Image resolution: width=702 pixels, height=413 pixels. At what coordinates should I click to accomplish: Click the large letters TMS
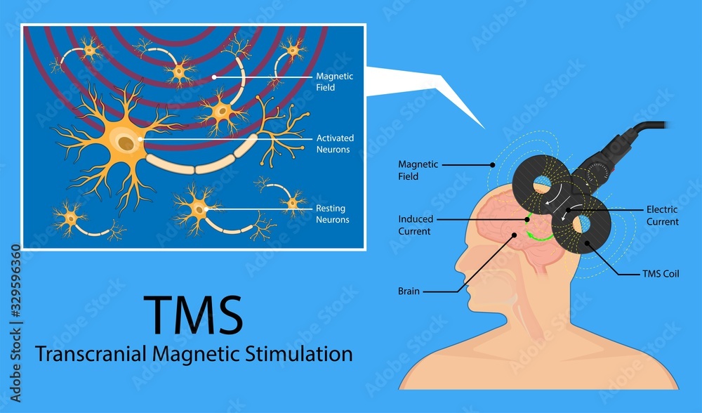point(193,315)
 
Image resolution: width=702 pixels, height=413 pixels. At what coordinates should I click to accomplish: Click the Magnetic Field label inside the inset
point(335,81)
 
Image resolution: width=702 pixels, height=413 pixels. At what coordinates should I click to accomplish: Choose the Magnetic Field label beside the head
point(418,170)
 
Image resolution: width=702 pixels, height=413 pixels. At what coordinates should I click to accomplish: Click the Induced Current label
point(416,225)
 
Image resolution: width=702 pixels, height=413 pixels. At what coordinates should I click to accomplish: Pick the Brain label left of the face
point(409,290)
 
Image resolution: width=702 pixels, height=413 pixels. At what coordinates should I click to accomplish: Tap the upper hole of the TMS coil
point(543,184)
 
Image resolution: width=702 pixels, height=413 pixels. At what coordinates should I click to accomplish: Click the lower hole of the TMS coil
point(583,226)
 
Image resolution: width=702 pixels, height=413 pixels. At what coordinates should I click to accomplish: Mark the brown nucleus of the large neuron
point(126,143)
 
